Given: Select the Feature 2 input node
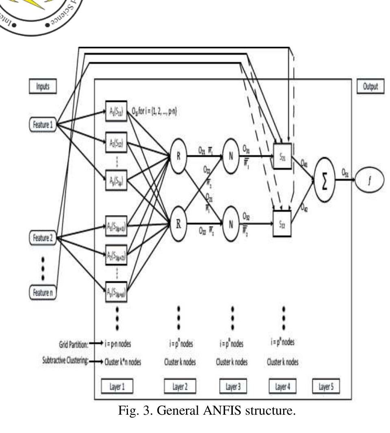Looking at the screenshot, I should point(42,238).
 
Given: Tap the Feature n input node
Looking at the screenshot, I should point(42,292).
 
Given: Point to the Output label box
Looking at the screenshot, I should point(369,86).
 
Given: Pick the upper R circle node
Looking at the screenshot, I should point(178,157).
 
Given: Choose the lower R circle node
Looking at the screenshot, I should point(178,224).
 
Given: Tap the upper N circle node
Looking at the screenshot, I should point(231,157).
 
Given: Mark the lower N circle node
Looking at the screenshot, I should point(231,224).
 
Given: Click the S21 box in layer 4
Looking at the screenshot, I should point(282,154).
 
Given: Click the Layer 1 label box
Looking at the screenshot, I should point(117,387).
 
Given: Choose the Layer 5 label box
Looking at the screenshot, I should point(326,387).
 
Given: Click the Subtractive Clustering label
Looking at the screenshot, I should point(65,361).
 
